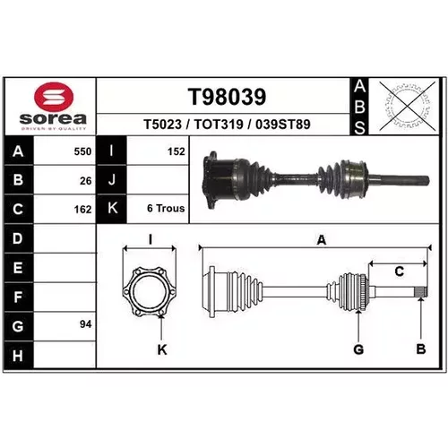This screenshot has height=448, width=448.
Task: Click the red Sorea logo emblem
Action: pos(54,98)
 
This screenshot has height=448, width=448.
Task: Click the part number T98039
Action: pos(227,97)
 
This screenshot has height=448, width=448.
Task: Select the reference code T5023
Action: pos(163,125)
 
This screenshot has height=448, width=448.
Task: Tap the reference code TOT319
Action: pos(219,125)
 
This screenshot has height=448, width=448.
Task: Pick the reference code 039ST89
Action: pos(283,125)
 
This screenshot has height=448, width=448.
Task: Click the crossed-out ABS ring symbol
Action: pos(407,106)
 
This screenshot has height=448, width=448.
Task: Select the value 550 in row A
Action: pos(82,151)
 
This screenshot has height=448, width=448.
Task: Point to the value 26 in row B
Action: pos(86,181)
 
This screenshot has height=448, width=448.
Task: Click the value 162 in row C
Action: pos(82,210)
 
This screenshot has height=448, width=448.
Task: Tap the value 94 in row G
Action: pos(86,324)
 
